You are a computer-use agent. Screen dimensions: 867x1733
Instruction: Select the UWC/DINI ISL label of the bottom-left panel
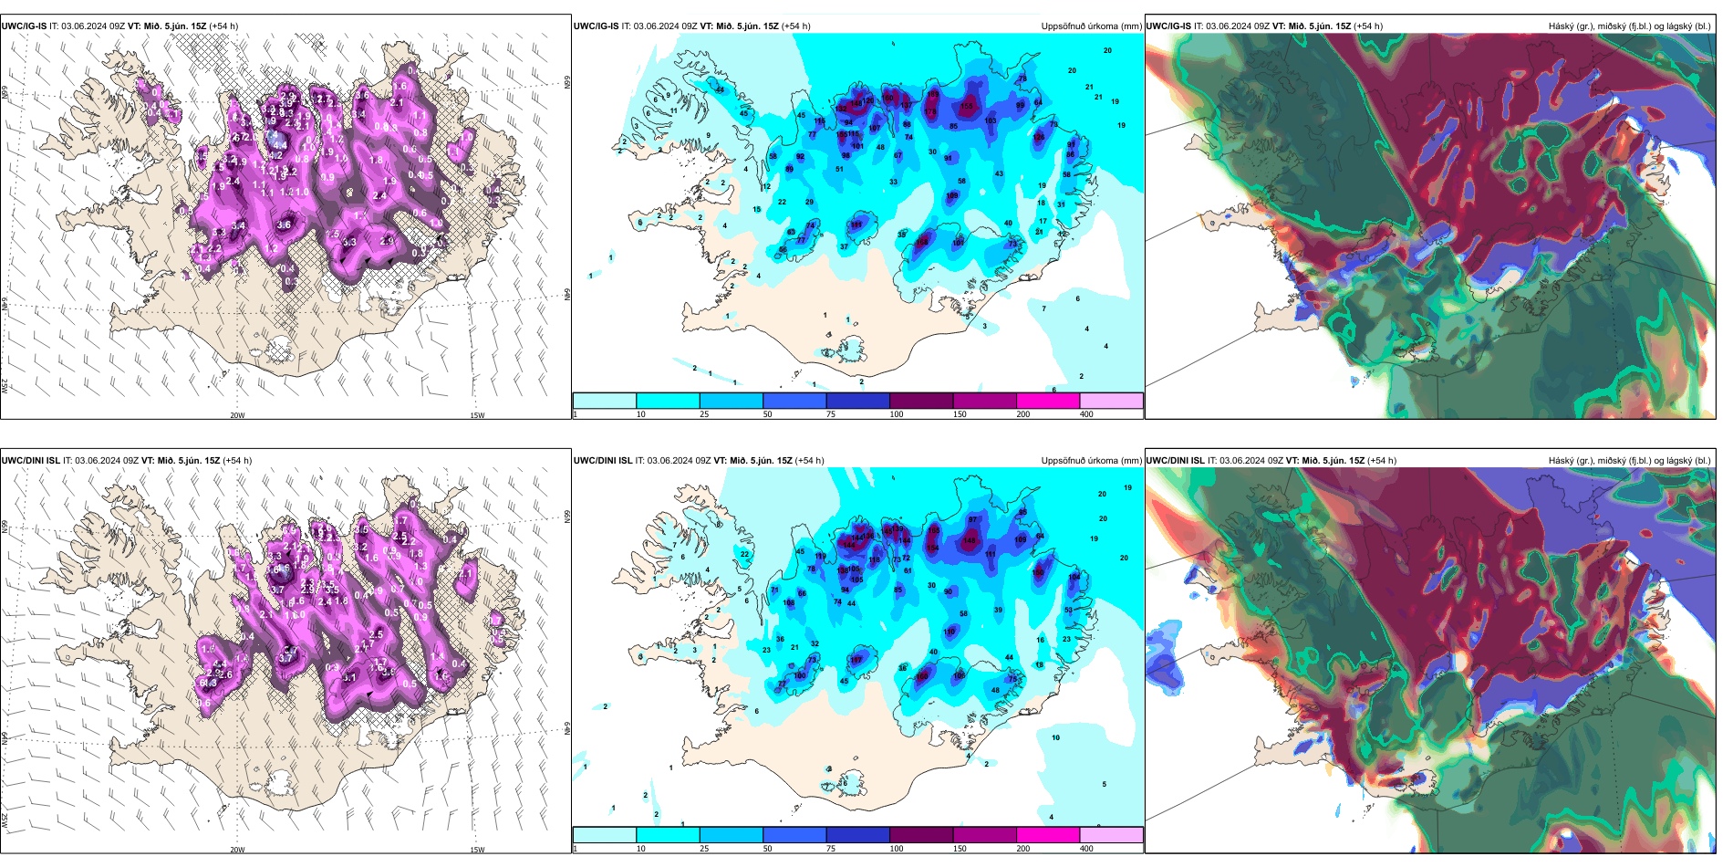(30, 461)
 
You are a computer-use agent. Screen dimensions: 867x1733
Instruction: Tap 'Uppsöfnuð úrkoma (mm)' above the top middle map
(1091, 26)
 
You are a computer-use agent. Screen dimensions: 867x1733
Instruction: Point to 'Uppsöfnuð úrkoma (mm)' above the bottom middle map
(1091, 461)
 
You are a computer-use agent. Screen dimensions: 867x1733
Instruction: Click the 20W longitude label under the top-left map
(237, 415)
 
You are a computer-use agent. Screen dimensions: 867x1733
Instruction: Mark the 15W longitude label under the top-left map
(477, 415)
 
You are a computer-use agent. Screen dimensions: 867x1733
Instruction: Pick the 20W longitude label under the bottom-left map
(237, 850)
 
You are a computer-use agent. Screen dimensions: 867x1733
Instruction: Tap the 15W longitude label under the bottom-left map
(477, 850)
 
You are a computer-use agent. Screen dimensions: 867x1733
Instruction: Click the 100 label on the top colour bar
(897, 414)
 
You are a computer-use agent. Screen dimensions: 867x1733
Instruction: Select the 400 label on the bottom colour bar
(1086, 849)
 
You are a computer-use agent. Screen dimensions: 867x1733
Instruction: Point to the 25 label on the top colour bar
(704, 414)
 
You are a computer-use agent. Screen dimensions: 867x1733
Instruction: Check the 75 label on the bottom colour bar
(831, 849)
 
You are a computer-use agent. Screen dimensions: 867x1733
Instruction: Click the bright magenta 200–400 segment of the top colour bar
(1048, 401)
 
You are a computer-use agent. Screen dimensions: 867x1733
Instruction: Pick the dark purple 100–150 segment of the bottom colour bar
(921, 835)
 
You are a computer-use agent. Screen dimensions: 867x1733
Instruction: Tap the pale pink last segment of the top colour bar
(1111, 401)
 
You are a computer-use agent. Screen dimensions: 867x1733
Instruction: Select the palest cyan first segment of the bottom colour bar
(605, 835)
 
